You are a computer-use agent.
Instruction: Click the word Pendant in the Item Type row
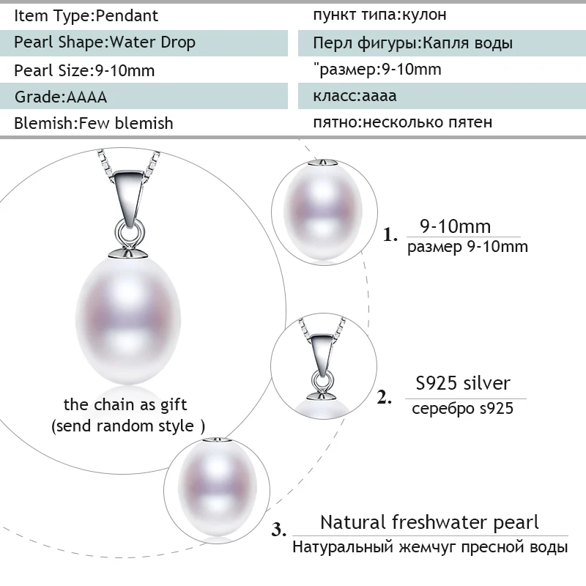pos(127,15)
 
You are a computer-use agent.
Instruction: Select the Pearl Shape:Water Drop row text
pos(105,42)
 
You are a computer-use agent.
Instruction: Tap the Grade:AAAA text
pos(61,97)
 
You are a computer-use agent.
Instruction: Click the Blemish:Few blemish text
pos(94,123)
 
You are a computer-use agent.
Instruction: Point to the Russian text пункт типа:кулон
pos(379,15)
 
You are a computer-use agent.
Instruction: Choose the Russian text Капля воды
pos(467,43)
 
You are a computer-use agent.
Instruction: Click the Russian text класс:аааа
pos(355,96)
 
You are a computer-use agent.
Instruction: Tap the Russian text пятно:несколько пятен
pos(402,122)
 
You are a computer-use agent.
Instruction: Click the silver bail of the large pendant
pos(130,198)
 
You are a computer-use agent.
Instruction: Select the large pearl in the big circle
pos(127,319)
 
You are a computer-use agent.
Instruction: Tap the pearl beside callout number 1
pos(323,210)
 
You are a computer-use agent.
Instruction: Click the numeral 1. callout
pos(390,235)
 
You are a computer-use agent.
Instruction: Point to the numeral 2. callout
pos(384,397)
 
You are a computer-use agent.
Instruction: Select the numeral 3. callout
pos(279,529)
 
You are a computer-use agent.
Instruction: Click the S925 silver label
pos(463,383)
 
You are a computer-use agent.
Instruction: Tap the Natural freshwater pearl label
pos(429,522)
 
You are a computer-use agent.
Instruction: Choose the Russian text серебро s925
pos(462,408)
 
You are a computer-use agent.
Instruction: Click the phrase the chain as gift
pos(125,405)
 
